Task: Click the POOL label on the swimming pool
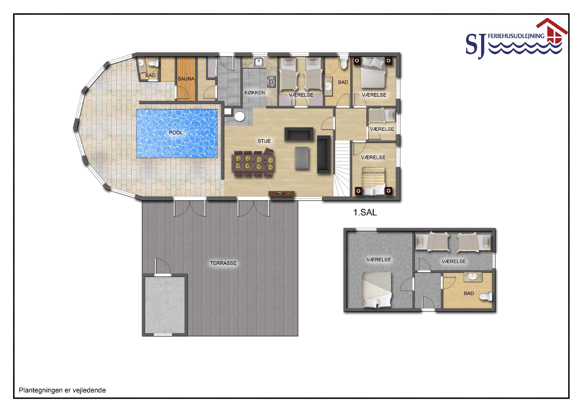pyautogui.click(x=176, y=132)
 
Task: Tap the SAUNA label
pyautogui.click(x=186, y=79)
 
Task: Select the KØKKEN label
pyautogui.click(x=255, y=93)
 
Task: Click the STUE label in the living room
pyautogui.click(x=264, y=141)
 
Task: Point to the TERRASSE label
pyautogui.click(x=223, y=263)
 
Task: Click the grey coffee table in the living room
pyautogui.click(x=302, y=158)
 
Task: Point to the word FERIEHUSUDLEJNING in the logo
pyautogui.click(x=516, y=36)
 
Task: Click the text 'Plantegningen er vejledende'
pyautogui.click(x=62, y=390)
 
